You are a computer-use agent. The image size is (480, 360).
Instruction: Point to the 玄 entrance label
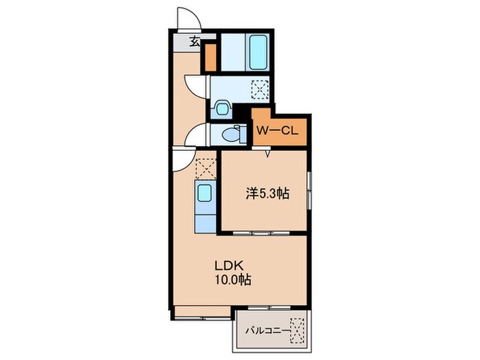point(195,42)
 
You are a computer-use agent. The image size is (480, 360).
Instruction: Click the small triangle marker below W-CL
point(268,154)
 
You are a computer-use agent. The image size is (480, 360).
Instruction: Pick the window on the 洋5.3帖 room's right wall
point(310,191)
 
